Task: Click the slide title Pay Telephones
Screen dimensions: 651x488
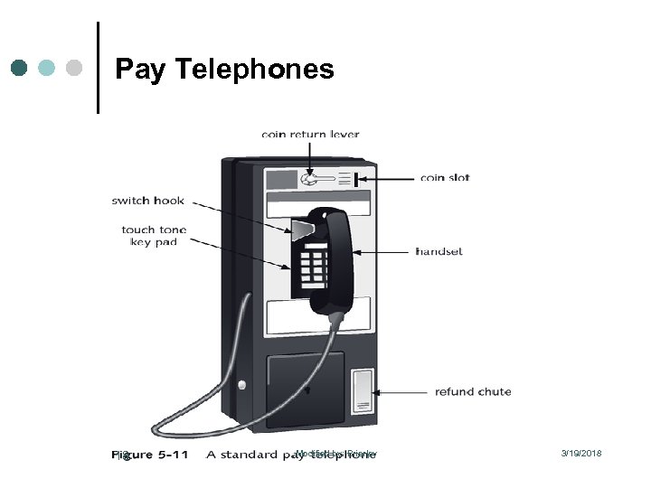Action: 225,69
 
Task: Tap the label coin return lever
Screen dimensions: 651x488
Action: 310,135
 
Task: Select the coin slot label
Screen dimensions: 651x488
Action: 445,177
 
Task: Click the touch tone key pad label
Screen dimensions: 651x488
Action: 154,236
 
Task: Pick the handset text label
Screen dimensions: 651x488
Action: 439,251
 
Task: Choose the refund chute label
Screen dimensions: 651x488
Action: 473,392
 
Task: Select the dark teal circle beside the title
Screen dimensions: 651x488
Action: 21,68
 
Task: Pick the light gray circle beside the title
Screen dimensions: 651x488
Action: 75,68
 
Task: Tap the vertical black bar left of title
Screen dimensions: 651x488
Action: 97,68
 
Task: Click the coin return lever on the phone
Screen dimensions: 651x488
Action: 310,180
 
